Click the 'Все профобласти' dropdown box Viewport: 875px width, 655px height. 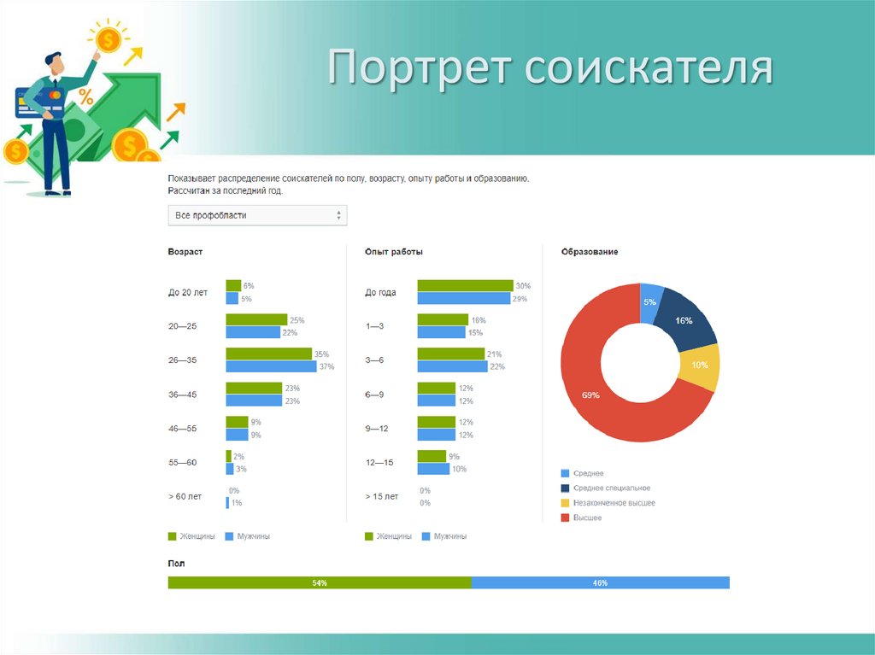(257, 215)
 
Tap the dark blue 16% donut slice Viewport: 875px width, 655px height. (684, 320)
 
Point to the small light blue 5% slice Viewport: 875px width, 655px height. (651, 301)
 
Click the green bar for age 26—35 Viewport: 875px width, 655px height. (268, 354)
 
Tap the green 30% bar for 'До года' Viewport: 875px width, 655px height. (464, 285)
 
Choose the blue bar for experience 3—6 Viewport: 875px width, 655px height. (452, 366)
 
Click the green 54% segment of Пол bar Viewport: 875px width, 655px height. (319, 583)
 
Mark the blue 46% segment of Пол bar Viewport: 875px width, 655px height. (600, 583)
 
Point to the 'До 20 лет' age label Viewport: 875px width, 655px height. (188, 292)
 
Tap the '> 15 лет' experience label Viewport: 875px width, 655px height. (382, 496)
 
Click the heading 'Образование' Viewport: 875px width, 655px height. (590, 252)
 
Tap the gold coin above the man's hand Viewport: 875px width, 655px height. (108, 38)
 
